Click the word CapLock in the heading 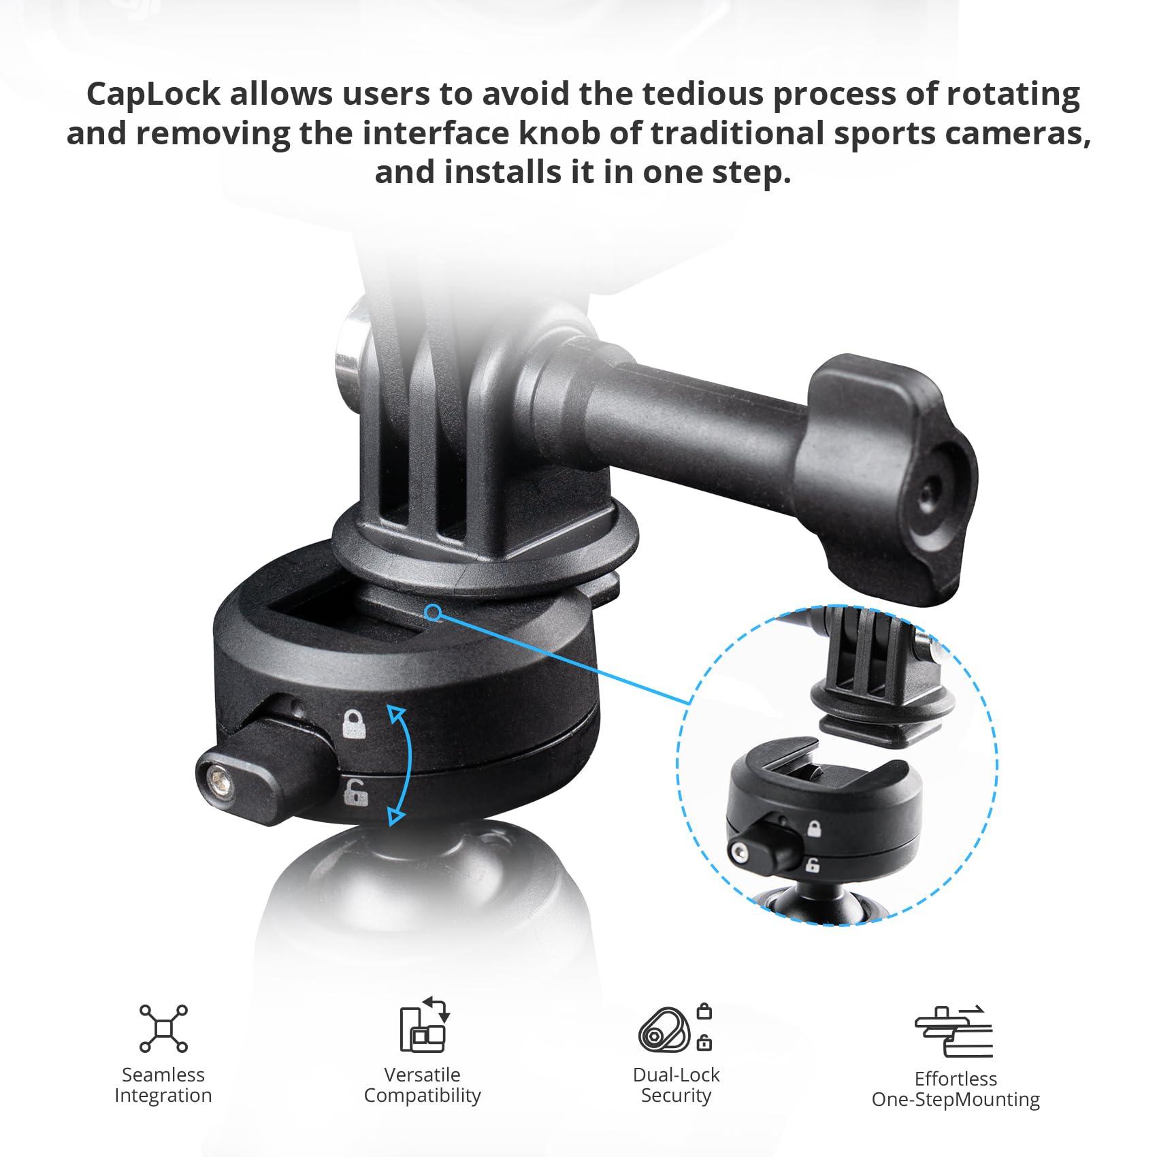(x=154, y=94)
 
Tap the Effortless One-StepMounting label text (x=956, y=1089)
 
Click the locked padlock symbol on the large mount (x=354, y=723)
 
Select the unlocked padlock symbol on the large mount (x=354, y=792)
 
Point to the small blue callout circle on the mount (x=431, y=613)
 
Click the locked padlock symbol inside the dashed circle (x=814, y=829)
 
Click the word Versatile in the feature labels (x=422, y=1075)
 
